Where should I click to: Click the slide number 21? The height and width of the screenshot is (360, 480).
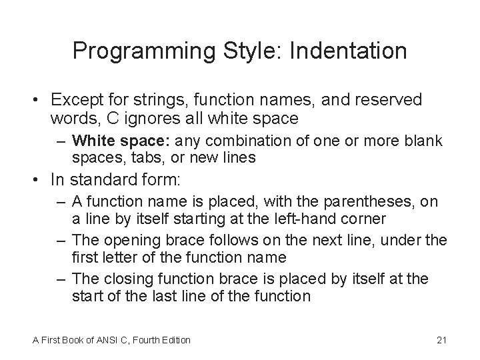pyautogui.click(x=441, y=341)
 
